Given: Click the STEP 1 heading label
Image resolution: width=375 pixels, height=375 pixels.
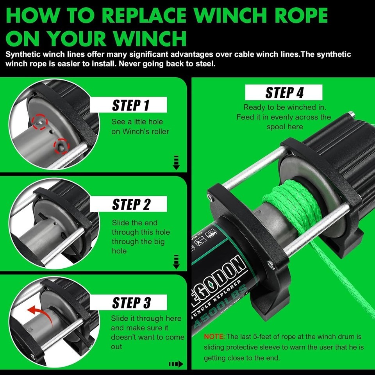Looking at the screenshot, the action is click(x=130, y=105).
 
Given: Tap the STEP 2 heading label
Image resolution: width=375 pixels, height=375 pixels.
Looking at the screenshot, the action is click(x=131, y=204).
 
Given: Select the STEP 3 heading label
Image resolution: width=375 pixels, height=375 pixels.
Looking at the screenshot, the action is click(x=131, y=303).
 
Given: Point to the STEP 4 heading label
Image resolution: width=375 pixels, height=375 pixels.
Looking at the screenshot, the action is click(x=284, y=93).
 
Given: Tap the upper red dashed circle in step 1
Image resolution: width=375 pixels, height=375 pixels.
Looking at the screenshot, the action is click(x=40, y=122).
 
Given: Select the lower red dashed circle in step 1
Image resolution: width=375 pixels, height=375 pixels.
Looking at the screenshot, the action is click(x=61, y=146).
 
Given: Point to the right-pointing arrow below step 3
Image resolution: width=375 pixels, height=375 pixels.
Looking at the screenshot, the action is click(x=176, y=364).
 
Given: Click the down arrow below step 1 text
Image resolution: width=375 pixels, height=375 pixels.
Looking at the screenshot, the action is click(x=176, y=162).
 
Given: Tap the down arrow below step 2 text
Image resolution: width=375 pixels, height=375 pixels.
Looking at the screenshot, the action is click(x=176, y=262).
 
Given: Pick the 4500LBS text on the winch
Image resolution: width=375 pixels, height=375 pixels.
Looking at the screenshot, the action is click(x=220, y=307).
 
